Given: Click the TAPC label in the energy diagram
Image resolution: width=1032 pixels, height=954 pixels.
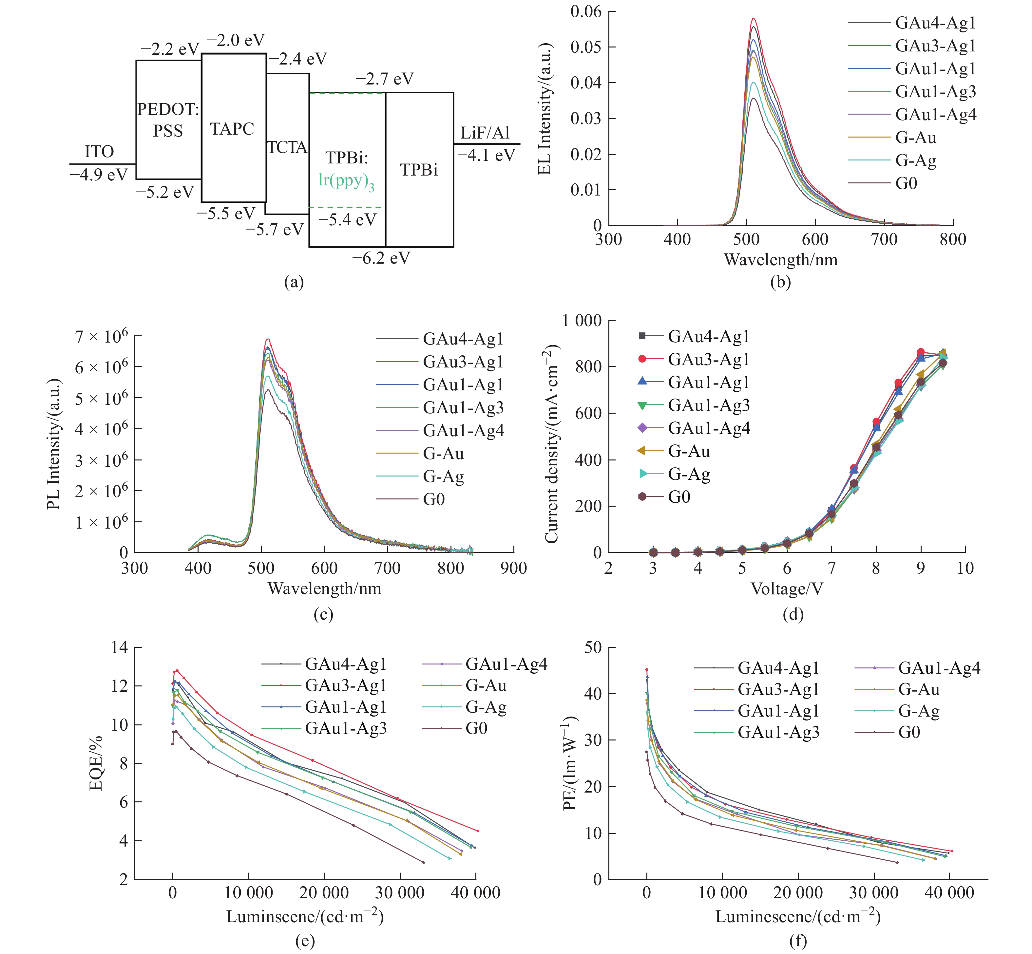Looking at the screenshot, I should pos(232,129).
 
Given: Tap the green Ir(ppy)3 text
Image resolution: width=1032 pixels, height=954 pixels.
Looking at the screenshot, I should pos(346,181).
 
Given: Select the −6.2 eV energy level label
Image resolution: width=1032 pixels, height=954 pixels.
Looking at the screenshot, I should pos(381,258).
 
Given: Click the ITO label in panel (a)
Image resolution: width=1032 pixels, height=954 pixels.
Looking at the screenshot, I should pos(99,152).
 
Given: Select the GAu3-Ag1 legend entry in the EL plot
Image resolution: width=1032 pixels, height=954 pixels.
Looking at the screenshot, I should pos(935,46).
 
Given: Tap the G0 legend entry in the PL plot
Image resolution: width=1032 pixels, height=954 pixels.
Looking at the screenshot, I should pos(433,499).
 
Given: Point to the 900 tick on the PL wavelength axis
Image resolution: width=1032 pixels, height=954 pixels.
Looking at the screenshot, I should pos(513,569).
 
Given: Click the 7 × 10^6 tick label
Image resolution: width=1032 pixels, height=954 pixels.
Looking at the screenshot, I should pos(101,337).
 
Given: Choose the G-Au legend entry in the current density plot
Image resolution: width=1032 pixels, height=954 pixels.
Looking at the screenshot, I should pos(689,451).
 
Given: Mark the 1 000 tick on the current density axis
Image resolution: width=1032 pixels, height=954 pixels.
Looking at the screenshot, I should pos(582,321).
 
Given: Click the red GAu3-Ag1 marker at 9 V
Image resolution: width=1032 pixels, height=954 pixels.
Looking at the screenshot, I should pos(920,352).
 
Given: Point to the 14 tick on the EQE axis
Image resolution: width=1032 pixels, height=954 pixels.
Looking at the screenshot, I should pos(119,647).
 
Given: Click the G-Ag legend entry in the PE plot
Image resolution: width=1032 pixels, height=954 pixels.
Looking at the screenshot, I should pos(918,711).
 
